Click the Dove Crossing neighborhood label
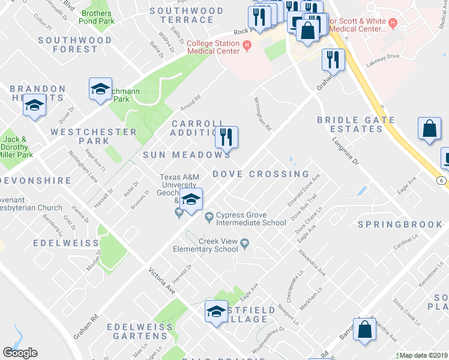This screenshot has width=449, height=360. [x=261, y=174]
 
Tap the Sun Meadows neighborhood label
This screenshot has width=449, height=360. [x=186, y=155]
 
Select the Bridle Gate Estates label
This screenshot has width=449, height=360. [x=357, y=125]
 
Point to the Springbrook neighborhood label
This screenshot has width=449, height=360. [x=400, y=224]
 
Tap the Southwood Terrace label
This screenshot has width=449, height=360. [x=186, y=16]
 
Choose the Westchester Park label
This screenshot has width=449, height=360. [x=94, y=136]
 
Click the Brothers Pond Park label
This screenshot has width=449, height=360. [x=97, y=17]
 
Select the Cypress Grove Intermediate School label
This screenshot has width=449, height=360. [x=251, y=218]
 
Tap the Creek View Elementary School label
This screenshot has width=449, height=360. [x=205, y=245]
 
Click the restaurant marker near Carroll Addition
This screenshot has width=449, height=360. [x=227, y=137]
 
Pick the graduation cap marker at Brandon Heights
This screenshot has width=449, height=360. [x=35, y=105]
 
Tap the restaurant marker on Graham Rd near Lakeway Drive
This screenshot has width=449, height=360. [x=332, y=59]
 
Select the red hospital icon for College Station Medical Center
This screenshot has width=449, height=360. [x=246, y=44]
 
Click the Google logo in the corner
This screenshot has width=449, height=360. [x=20, y=353]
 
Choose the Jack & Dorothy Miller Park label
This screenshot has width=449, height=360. [x=16, y=146]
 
